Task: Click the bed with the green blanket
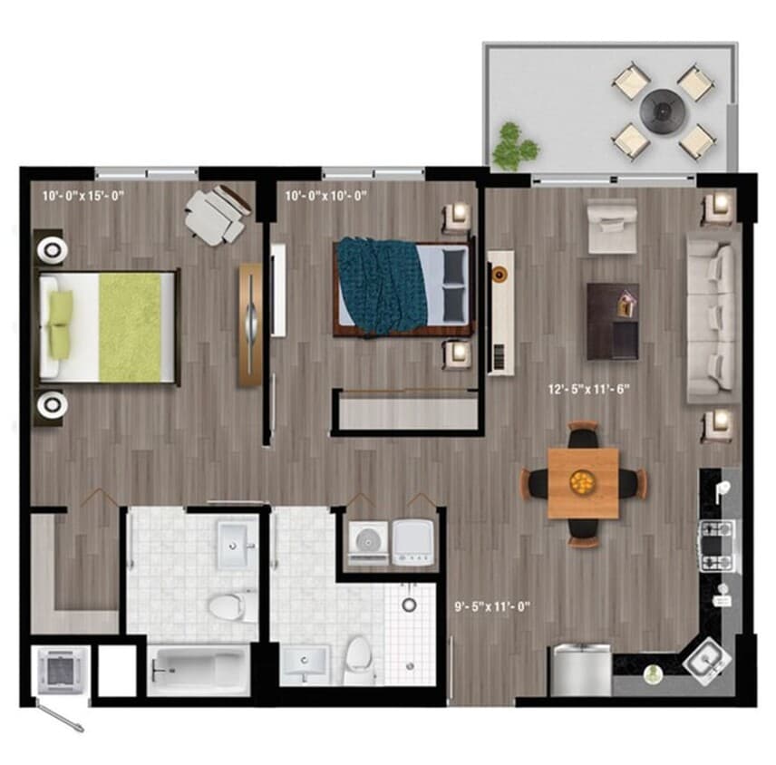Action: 108,325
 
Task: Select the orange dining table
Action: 583,482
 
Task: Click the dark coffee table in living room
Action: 612,320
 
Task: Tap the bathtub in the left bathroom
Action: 198,670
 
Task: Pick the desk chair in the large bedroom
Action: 215,216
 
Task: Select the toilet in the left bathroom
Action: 227,605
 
